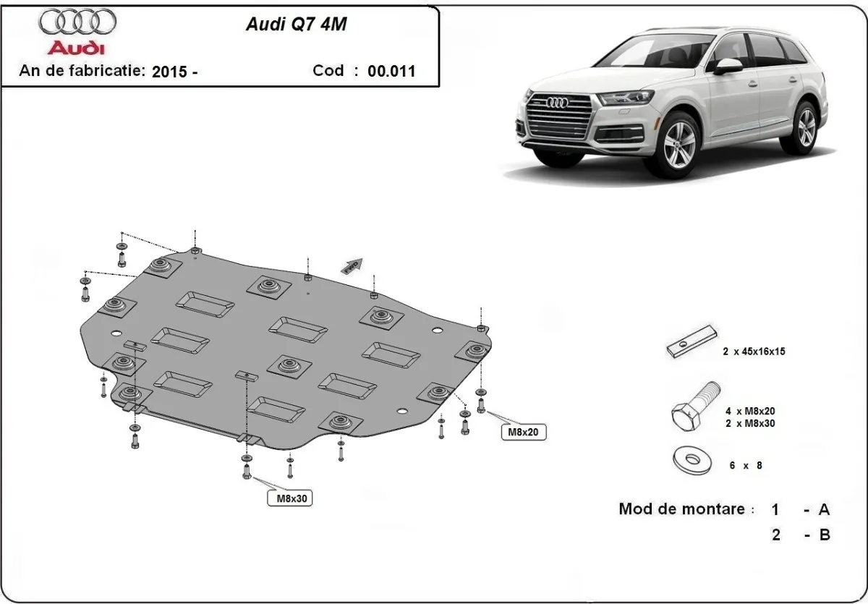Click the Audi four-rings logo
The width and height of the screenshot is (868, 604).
(77, 22)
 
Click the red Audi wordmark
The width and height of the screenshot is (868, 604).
(76, 48)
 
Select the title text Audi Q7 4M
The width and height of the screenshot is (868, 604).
(296, 24)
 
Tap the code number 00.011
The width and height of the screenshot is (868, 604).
(391, 72)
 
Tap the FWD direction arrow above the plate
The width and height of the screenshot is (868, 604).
(353, 265)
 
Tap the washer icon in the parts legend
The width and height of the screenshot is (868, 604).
(690, 460)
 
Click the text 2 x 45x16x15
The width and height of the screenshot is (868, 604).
(753, 352)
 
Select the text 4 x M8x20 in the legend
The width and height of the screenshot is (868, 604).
(750, 410)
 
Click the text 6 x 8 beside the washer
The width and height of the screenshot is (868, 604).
(745, 466)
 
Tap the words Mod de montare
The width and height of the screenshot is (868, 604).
(681, 509)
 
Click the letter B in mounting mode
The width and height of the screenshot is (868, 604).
(824, 535)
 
